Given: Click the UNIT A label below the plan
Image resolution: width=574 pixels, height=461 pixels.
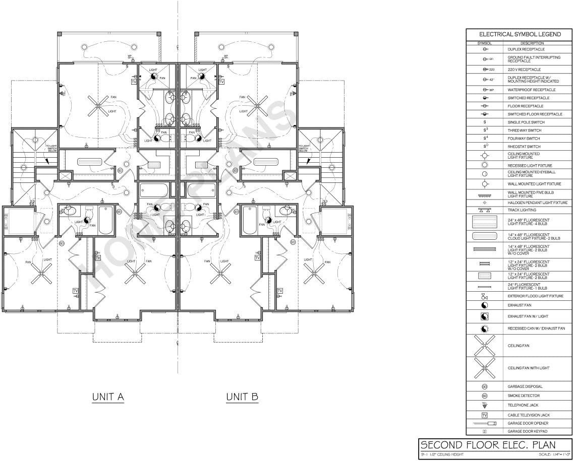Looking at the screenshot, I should [108, 397].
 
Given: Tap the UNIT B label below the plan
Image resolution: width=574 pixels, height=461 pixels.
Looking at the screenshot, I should [242, 397].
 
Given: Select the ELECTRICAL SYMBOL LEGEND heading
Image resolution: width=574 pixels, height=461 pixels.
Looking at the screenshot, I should [520, 35].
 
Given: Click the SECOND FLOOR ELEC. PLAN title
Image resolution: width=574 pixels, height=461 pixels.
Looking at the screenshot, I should [488, 445].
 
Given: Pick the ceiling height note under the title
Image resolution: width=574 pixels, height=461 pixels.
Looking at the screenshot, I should [442, 455].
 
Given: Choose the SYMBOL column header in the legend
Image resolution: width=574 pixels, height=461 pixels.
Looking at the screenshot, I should [484, 43].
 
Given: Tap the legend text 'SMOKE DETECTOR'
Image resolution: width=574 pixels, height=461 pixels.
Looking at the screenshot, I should [523, 396].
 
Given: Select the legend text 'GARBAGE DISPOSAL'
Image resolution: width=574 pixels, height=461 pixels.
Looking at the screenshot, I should [525, 386].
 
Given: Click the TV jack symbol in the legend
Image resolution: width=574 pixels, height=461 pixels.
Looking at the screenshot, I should [485, 415].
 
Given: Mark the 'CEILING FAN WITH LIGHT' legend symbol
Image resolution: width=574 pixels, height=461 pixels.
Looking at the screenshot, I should [484, 368].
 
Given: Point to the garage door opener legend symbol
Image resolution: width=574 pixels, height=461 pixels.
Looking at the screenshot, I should [485, 424].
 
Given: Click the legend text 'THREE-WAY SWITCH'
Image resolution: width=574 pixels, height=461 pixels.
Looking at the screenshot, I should [524, 130].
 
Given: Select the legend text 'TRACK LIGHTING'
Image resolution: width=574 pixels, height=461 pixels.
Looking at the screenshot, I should [522, 210].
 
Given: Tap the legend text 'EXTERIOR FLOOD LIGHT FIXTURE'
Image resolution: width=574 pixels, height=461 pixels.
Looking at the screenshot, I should [535, 296].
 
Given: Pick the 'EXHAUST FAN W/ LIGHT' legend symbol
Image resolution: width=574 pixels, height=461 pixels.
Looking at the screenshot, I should [485, 316].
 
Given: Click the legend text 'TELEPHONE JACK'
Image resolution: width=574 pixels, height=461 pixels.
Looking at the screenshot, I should [522, 405].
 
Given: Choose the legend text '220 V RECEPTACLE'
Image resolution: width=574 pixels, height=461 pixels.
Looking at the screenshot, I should [524, 70].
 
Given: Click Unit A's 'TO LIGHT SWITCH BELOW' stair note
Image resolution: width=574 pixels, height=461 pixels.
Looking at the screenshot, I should [52, 148].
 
